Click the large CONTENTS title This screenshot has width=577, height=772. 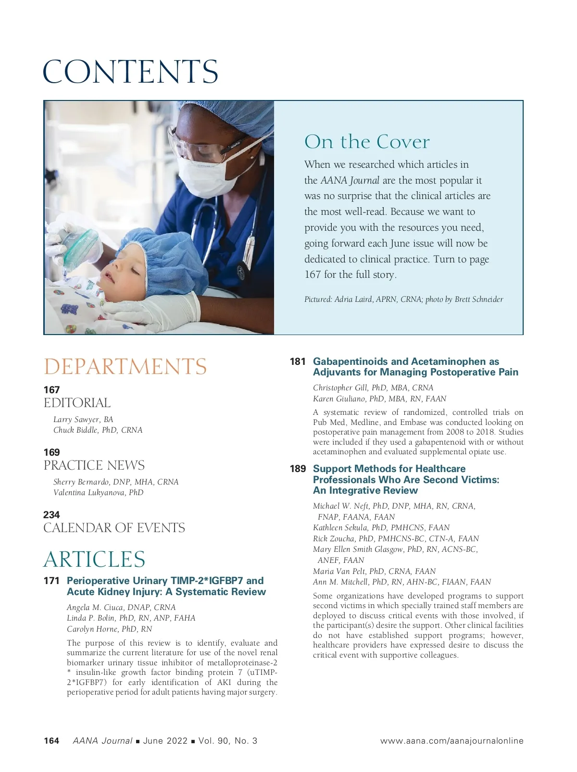coord(130,72)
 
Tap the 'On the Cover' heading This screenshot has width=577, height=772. coord(367,142)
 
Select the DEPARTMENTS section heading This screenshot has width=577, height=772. coord(125,367)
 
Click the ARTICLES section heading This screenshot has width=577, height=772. coord(94,560)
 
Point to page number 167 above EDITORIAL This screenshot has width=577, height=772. coord(51,390)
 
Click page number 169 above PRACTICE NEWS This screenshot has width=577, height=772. coord(51,452)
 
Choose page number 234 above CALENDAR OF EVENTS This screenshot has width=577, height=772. coord(51,515)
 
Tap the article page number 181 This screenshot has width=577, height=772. coord(298,361)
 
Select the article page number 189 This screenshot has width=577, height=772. coord(298,469)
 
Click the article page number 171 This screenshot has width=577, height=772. coord(51,581)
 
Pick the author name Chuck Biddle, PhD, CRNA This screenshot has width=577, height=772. coord(98,430)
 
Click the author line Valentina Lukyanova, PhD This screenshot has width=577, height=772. coord(98,493)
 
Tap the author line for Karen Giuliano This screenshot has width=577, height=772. coord(379,399)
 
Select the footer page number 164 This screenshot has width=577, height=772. coord(51,741)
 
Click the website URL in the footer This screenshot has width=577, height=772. coord(452,741)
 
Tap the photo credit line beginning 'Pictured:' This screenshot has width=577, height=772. coord(403,299)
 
